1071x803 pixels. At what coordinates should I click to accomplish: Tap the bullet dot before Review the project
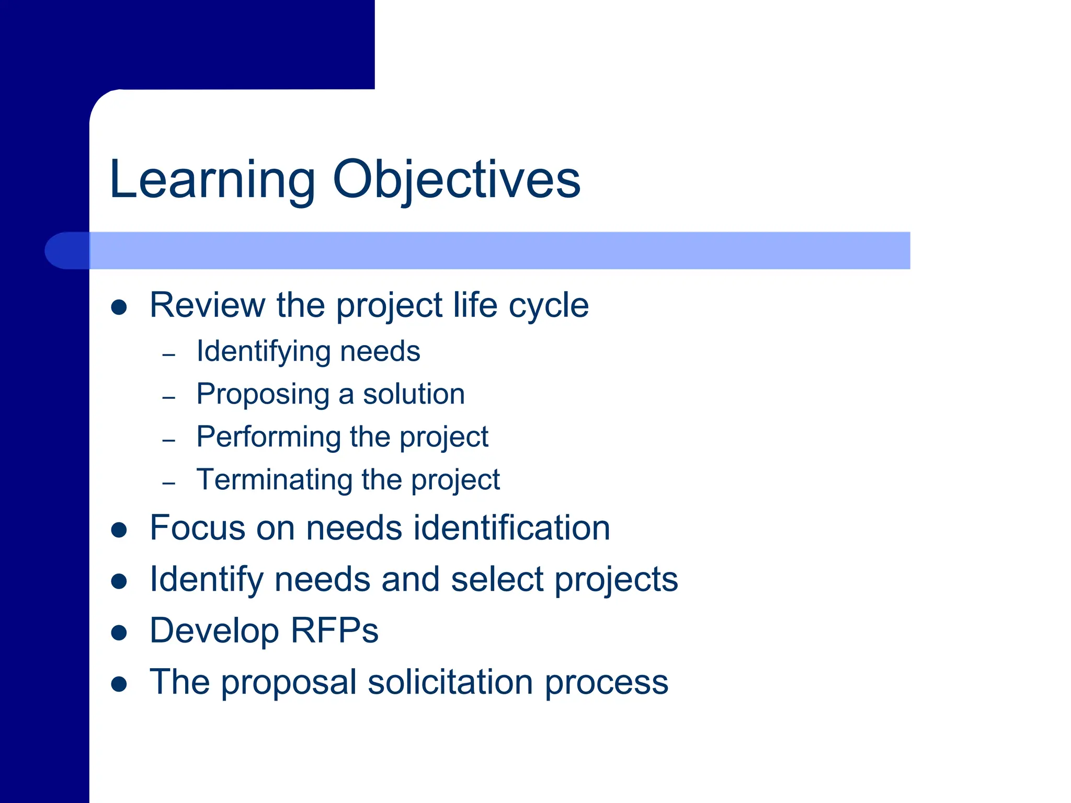click(x=119, y=307)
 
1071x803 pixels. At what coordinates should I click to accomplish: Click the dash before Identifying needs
click(x=168, y=355)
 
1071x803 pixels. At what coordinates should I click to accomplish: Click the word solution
click(x=414, y=394)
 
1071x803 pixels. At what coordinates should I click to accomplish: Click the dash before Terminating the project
click(x=168, y=483)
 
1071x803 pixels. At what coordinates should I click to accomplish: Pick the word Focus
click(x=197, y=527)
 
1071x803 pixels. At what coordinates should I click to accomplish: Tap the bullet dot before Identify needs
click(x=119, y=581)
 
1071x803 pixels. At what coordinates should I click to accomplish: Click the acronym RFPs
click(x=334, y=630)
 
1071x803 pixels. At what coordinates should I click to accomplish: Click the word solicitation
click(x=451, y=682)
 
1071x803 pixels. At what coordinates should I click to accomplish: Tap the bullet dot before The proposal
click(x=119, y=684)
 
